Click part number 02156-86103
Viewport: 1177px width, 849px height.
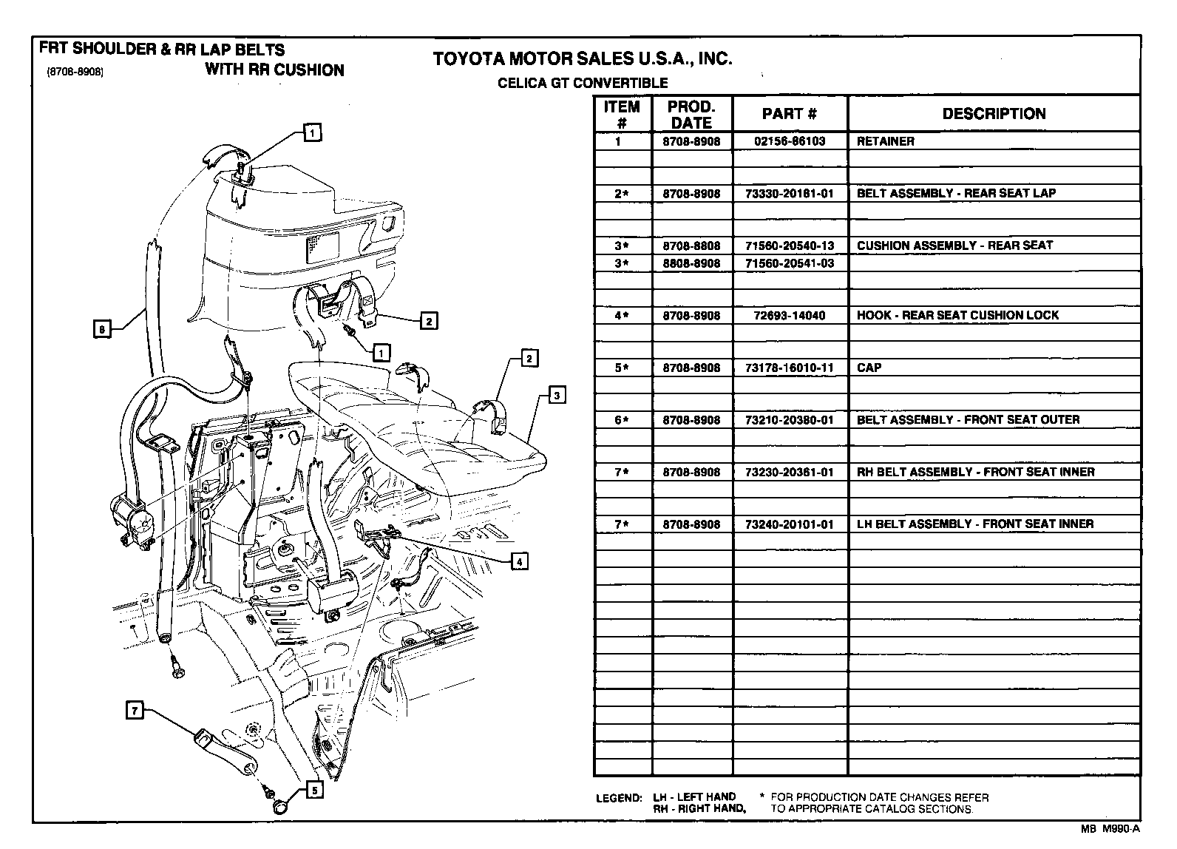(x=789, y=141)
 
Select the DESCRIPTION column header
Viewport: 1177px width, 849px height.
(x=993, y=114)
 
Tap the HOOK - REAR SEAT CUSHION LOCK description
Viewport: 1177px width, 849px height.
(x=957, y=315)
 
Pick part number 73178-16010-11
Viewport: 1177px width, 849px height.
(x=789, y=368)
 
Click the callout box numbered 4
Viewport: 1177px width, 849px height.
(x=519, y=562)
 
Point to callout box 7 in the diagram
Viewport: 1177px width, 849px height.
(x=134, y=711)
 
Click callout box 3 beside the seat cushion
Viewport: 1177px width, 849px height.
(x=557, y=395)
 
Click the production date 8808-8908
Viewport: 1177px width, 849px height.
(x=691, y=263)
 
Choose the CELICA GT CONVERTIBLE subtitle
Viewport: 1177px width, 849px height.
(x=583, y=84)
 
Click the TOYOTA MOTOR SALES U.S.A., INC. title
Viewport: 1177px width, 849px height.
(x=582, y=58)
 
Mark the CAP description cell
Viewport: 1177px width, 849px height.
(x=869, y=368)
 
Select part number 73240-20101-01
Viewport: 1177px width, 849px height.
(x=789, y=524)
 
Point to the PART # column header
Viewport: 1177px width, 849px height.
(x=789, y=114)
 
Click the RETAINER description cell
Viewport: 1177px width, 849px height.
(x=885, y=141)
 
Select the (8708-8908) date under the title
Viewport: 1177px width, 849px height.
(x=74, y=72)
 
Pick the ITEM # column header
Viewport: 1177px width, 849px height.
(x=621, y=114)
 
